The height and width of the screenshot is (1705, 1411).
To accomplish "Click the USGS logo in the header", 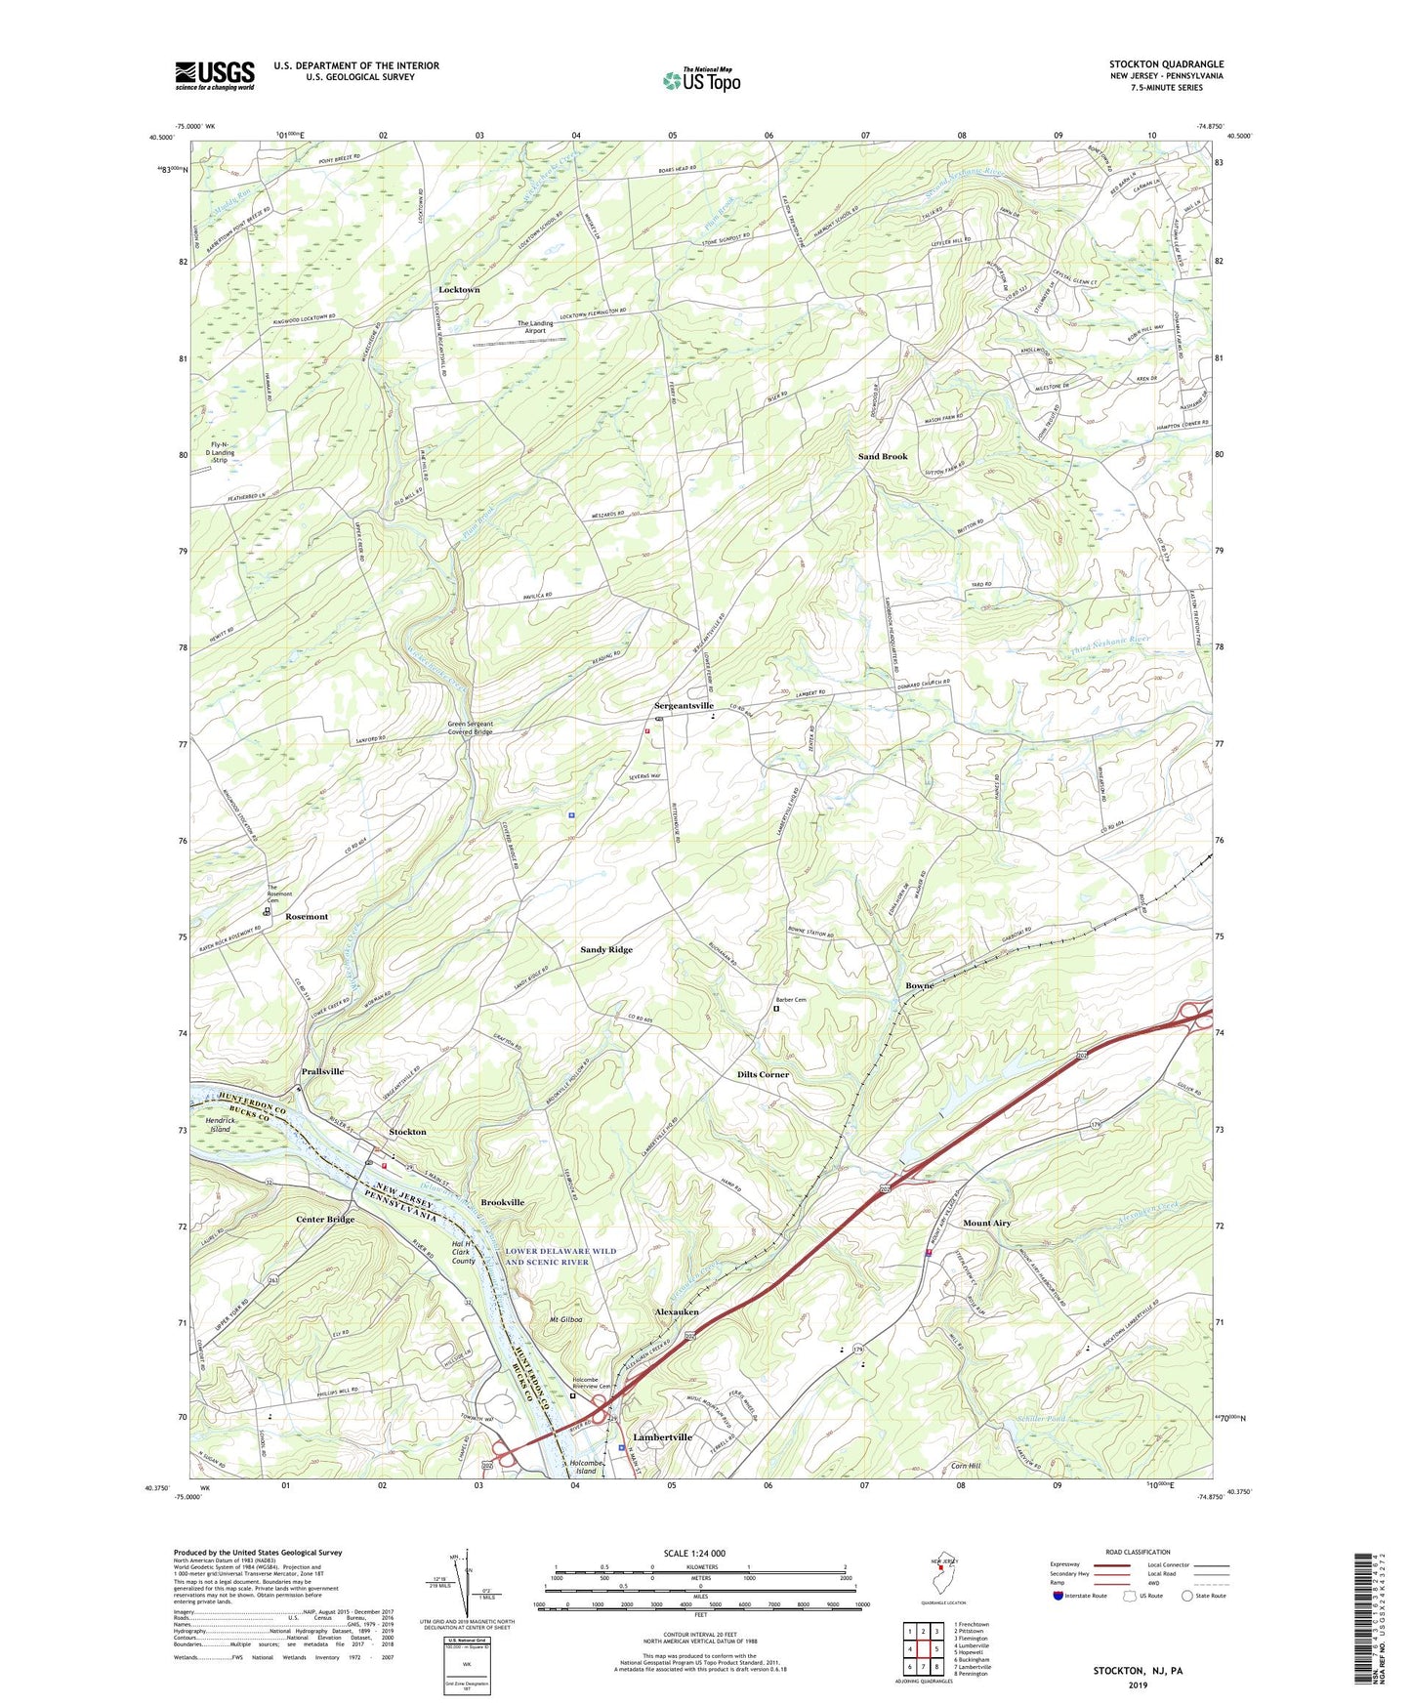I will click(215, 74).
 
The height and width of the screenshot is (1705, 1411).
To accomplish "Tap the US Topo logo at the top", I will click(700, 79).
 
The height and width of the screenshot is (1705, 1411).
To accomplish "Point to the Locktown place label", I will click(459, 290).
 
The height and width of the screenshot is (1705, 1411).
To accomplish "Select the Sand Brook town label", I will click(883, 456).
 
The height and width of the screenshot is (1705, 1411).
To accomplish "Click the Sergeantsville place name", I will click(684, 705).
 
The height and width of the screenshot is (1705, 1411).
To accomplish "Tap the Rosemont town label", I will click(307, 917).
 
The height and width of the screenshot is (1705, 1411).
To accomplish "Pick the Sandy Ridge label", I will click(606, 949).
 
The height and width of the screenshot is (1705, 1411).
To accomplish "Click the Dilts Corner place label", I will click(763, 1074).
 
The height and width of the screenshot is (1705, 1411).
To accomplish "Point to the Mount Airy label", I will click(986, 1223).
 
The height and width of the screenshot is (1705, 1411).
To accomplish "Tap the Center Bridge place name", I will click(325, 1220).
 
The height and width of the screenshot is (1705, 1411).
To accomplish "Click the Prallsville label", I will click(322, 1071).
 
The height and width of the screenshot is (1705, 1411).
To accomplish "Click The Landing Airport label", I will click(535, 327).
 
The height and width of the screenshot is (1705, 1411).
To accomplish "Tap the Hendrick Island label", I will click(221, 1124).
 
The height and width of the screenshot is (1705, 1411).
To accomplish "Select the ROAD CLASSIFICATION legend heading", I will click(1138, 1552).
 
